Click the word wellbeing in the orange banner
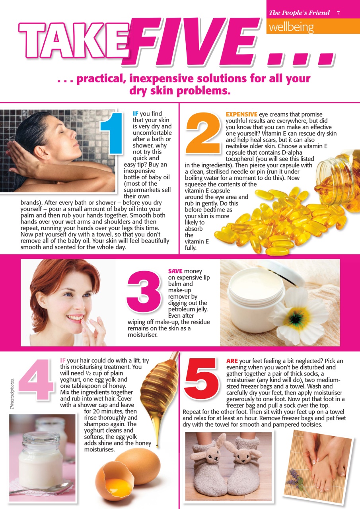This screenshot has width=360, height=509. click(291, 27)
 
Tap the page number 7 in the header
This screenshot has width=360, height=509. click(338, 13)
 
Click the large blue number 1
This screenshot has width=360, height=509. click(112, 134)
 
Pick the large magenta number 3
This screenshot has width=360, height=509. click(144, 291)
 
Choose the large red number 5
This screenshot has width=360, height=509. click(202, 379)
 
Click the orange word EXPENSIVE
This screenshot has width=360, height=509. click(241, 114)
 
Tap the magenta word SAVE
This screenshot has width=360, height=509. click(175, 271)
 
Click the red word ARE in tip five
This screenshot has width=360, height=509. click(232, 361)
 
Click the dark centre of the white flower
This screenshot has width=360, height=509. click(296, 319)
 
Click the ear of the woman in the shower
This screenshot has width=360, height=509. click(42, 152)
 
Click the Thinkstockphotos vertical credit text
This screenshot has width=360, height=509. click(12, 394)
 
